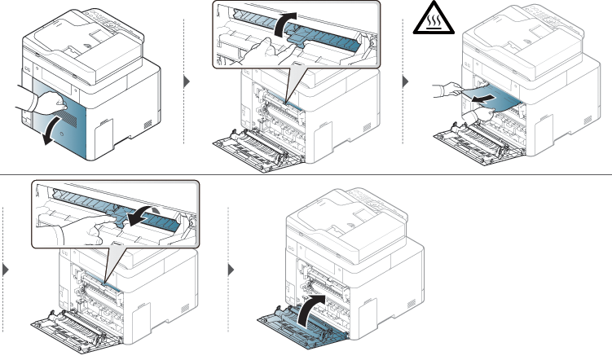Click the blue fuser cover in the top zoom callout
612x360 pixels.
(326, 37)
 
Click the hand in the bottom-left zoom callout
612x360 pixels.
(90, 232)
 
